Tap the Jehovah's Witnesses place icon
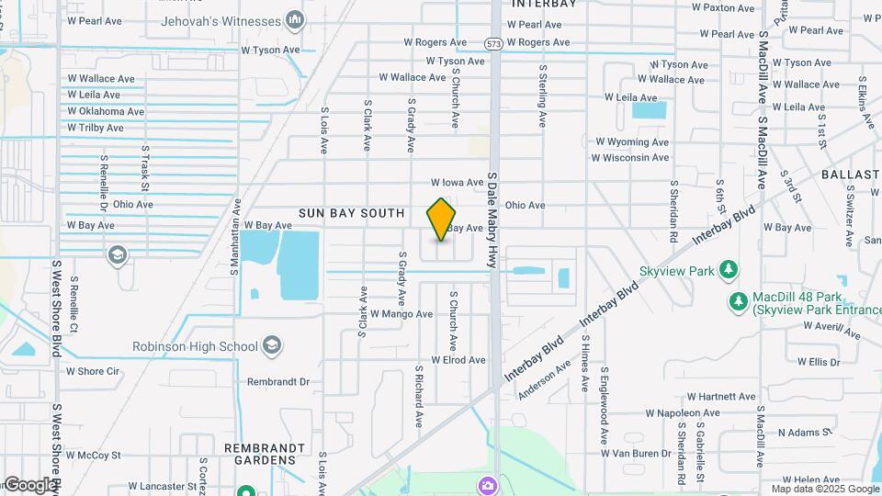(295, 19)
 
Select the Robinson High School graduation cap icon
(271, 345)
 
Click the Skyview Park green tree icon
(728, 270)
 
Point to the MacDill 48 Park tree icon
(738, 301)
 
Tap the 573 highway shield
(494, 42)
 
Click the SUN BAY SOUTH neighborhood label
(351, 213)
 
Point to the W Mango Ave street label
(401, 314)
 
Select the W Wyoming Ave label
(632, 142)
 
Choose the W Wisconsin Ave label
(630, 158)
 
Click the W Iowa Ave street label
(457, 183)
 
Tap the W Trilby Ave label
(95, 128)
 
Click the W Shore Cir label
(93, 371)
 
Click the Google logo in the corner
(29, 484)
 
